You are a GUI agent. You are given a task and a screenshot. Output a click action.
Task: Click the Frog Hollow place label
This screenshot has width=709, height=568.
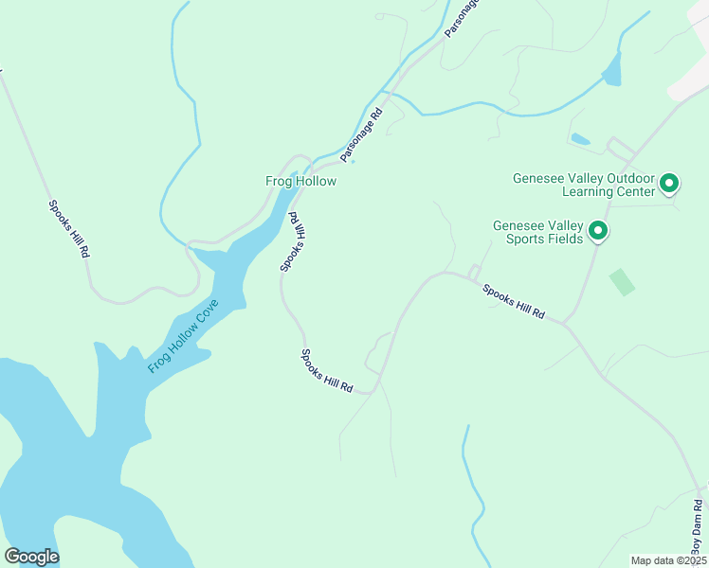(300, 181)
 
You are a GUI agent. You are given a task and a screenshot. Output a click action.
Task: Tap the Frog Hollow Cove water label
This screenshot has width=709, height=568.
(184, 336)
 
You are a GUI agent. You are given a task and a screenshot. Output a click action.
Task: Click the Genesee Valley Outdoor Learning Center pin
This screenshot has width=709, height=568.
(669, 183)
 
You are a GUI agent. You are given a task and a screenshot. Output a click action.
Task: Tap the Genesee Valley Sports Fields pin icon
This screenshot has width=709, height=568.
(597, 231)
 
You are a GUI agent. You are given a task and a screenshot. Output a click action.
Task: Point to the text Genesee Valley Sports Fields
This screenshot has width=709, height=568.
(537, 233)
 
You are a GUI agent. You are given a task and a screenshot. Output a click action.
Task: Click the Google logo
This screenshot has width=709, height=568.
(31, 557)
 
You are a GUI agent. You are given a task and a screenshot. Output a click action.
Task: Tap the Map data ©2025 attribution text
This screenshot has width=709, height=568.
(667, 560)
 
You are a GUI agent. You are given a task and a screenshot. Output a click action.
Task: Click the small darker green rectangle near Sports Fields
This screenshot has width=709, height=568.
(622, 282)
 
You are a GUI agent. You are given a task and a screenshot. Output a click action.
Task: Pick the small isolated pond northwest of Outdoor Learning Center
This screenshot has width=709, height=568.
(580, 140)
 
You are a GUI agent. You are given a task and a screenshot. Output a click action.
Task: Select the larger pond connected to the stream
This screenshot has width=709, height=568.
(611, 69)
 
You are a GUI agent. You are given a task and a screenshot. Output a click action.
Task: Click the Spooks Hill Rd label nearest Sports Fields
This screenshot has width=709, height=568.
(514, 301)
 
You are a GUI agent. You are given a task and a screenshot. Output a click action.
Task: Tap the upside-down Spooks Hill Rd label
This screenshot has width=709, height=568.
(293, 241)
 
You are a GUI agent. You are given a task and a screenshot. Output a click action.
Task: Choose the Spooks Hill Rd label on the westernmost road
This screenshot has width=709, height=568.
(69, 229)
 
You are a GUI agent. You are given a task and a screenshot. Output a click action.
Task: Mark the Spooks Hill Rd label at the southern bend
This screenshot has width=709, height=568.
(327, 371)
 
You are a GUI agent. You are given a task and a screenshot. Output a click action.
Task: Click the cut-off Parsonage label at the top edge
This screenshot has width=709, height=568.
(463, 16)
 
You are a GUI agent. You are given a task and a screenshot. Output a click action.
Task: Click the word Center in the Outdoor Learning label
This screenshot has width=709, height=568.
(634, 191)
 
